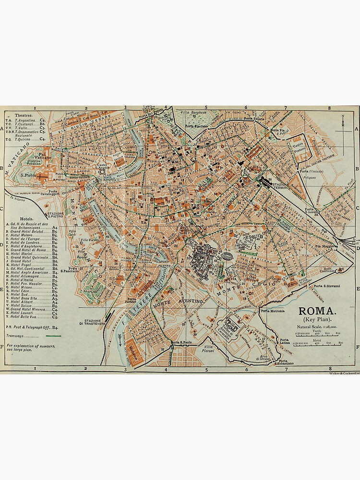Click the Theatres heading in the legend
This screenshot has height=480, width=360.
(24, 115)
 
